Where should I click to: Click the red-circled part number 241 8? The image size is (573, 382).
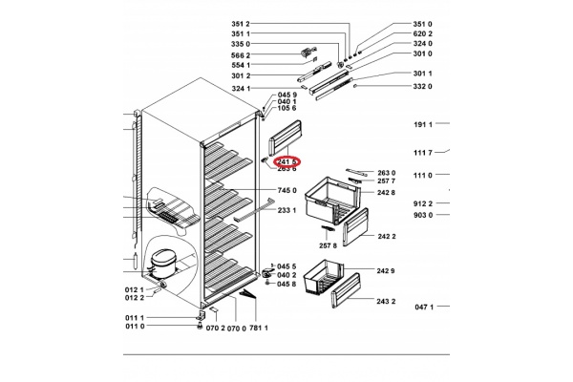(x=287, y=162)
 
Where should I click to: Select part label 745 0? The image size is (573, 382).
(x=287, y=191)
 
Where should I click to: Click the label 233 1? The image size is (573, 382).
(x=287, y=210)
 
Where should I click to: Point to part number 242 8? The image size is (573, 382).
(x=386, y=193)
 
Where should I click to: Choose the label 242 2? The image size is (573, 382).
(x=386, y=236)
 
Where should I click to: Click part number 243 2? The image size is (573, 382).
(x=386, y=302)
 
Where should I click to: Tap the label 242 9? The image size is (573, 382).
(x=386, y=272)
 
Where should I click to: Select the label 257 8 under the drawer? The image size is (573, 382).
(x=329, y=245)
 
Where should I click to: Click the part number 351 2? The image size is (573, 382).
(x=241, y=23)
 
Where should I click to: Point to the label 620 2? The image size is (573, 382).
(x=423, y=33)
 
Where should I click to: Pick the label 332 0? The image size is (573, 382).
(x=423, y=86)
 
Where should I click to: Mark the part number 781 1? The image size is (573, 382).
(x=260, y=328)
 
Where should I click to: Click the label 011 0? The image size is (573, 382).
(x=134, y=327)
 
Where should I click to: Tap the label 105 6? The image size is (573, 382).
(x=287, y=108)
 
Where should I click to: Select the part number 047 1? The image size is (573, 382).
(x=424, y=307)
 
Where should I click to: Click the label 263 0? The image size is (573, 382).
(x=386, y=173)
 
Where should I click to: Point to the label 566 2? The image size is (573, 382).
(x=241, y=54)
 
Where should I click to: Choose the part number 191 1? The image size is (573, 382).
(x=424, y=125)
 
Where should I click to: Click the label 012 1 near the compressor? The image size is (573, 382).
(x=134, y=289)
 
